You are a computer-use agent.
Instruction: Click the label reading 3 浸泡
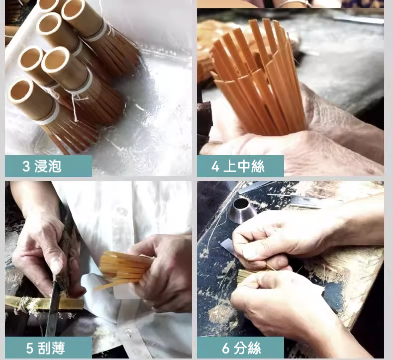pyautogui.click(x=42, y=166)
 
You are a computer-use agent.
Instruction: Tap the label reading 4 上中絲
pyautogui.click(x=238, y=167)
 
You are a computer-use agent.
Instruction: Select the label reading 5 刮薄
pyautogui.click(x=46, y=348)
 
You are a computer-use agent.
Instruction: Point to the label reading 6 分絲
pyautogui.click(x=241, y=348)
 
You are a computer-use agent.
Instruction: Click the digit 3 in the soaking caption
pyautogui.click(x=26, y=167)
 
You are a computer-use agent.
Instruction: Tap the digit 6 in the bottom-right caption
pyautogui.click(x=225, y=348)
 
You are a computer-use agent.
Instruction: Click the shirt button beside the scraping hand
pyautogui.click(x=122, y=211)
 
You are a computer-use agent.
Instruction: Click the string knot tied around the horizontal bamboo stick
pyautogui.click(x=24, y=303)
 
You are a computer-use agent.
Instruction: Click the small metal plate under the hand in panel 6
pyautogui.click(x=230, y=247)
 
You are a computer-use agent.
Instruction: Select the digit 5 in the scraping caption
pyautogui.click(x=29, y=348)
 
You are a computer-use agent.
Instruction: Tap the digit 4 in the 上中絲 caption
pyautogui.click(x=215, y=167)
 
